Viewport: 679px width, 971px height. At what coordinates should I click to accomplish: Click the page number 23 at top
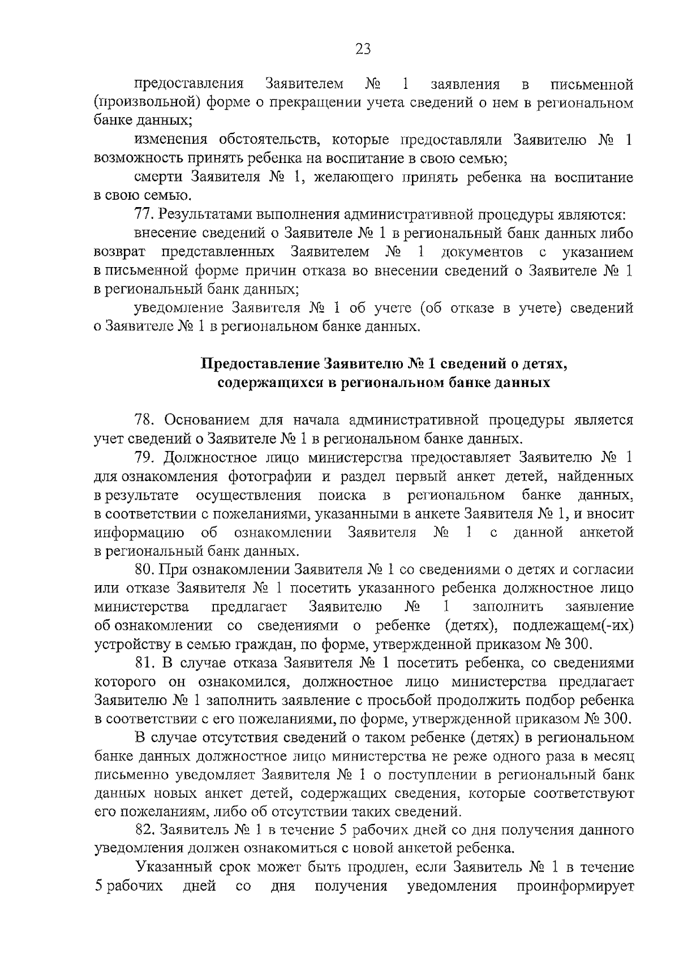tap(363, 49)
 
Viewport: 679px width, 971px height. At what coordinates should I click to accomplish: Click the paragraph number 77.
tap(144, 215)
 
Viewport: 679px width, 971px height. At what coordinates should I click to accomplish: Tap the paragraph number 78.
tap(144, 420)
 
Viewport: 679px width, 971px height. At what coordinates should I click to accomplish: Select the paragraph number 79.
tap(144, 457)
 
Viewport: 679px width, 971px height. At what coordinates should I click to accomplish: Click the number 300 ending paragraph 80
tap(578, 644)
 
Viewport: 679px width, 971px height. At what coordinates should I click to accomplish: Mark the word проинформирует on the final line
tap(575, 887)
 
